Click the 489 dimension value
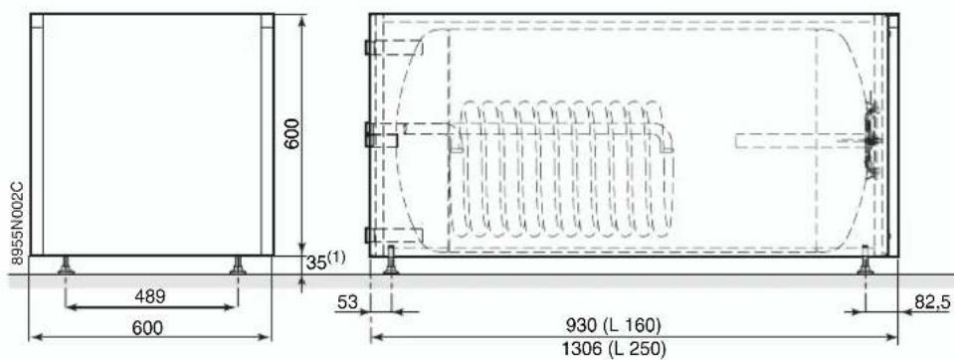click(x=149, y=296)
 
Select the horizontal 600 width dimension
click(x=148, y=328)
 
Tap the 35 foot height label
click(x=315, y=264)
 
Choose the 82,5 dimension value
click(x=931, y=301)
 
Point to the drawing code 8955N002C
click(x=18, y=223)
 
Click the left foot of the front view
click(x=67, y=266)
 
